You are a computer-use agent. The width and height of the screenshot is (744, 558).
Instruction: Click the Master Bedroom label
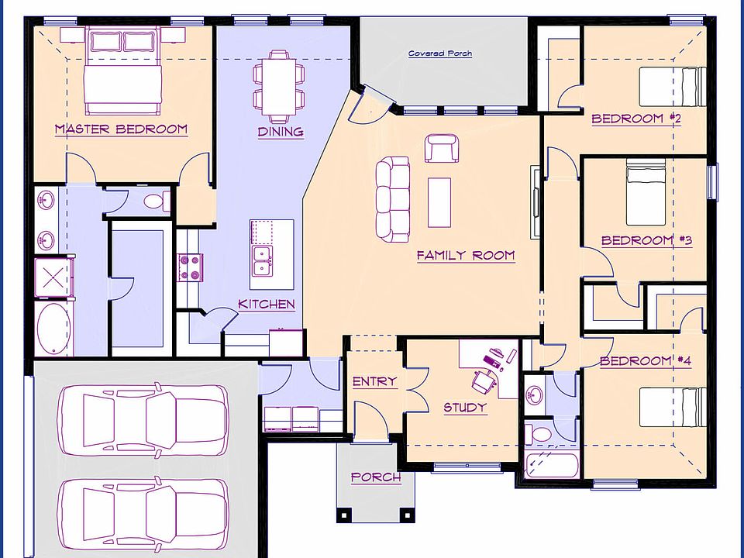tap(121, 129)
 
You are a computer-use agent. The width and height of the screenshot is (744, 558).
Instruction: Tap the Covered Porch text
tap(440, 53)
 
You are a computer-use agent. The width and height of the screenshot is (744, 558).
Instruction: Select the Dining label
tap(281, 132)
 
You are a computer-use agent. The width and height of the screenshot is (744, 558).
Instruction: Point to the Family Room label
tap(466, 255)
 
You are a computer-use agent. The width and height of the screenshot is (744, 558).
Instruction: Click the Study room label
tap(465, 408)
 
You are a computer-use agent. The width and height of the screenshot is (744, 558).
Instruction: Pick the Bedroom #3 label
tap(646, 240)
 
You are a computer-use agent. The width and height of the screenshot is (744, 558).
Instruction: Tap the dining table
tap(278, 86)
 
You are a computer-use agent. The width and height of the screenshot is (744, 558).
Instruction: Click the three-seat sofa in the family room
tap(393, 199)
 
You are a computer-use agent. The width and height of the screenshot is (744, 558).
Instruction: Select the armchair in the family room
tap(442, 148)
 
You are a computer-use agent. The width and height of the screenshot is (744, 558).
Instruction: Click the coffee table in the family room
tap(439, 202)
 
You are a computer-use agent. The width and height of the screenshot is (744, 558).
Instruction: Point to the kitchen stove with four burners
tap(191, 268)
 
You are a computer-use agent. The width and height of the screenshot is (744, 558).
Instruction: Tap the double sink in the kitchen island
tap(263, 260)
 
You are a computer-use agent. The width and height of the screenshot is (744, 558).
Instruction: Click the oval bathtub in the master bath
tap(53, 329)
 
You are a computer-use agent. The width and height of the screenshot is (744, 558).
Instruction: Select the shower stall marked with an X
tap(53, 277)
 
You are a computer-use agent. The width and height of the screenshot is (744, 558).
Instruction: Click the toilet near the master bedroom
tap(157, 201)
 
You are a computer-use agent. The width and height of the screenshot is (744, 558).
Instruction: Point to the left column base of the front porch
tap(344, 515)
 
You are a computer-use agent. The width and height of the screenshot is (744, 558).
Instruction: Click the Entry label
tap(374, 381)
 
